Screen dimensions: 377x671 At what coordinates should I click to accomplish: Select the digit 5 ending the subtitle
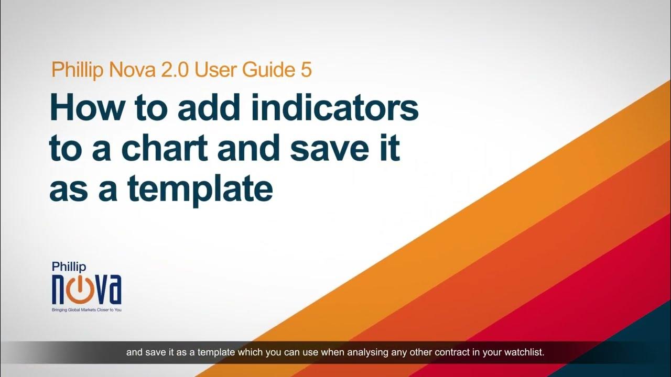pyautogui.click(x=306, y=70)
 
